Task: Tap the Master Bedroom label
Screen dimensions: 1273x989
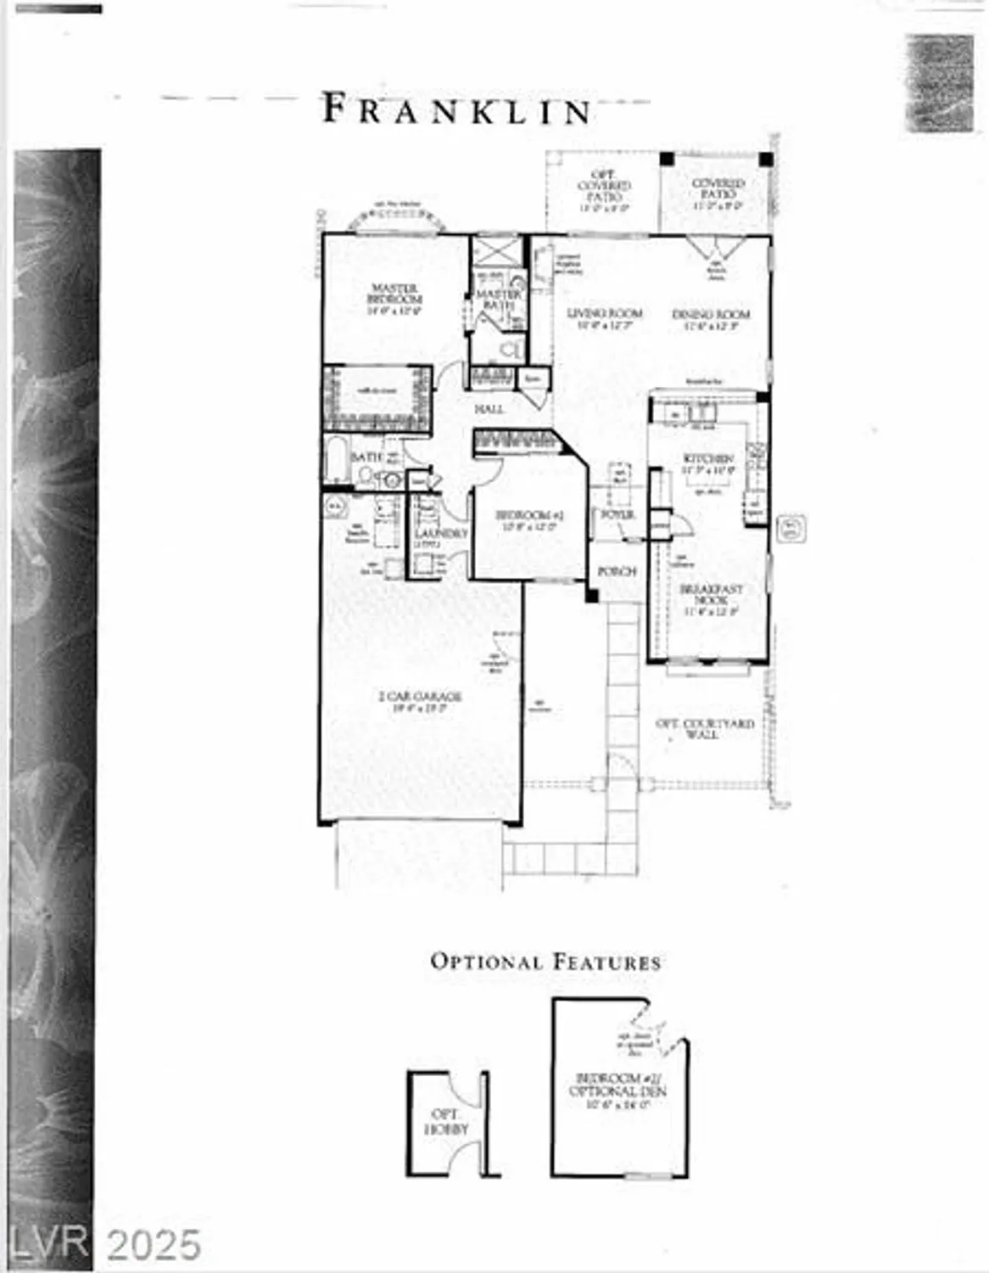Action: [394, 294]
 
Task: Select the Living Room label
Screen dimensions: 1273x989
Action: [605, 314]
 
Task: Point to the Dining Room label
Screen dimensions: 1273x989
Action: [711, 315]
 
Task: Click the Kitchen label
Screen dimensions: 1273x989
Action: [708, 459]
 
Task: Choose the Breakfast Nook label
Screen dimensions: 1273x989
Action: [712, 594]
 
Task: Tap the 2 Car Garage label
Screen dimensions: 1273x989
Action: [420, 698]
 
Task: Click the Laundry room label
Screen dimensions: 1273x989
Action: [441, 534]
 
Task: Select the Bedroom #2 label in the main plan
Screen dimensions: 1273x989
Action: [529, 515]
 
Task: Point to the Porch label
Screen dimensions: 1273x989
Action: [617, 572]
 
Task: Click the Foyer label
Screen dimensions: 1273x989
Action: [617, 514]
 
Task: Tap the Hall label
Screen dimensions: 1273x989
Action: [489, 409]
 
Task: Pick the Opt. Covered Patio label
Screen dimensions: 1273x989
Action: [604, 186]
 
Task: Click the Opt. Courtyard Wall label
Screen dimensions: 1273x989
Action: [704, 729]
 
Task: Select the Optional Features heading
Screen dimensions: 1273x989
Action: [545, 962]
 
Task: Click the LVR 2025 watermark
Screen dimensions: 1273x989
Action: [105, 1245]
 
